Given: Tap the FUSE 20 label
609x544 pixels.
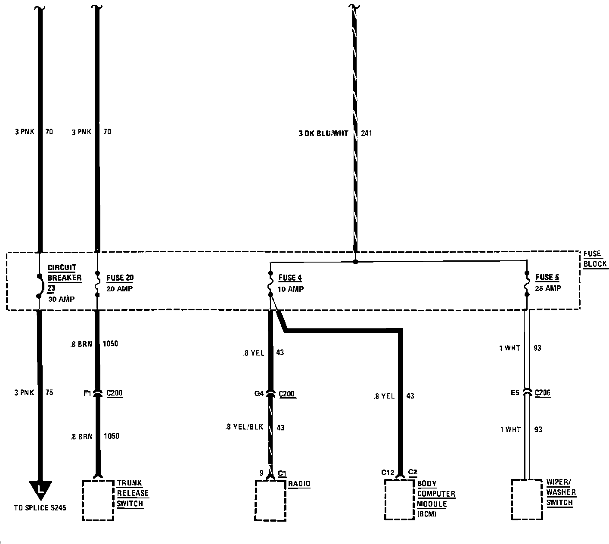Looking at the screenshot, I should (120, 278).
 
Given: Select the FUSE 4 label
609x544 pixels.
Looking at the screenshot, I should (290, 278).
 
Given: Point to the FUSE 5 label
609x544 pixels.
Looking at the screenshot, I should (547, 277).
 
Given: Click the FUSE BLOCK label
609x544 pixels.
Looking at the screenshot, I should (595, 259).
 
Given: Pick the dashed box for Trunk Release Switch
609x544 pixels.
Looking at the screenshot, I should (98, 500).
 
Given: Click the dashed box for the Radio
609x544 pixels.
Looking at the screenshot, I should (270, 500).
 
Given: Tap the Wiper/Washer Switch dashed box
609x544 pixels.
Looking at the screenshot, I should (526, 500).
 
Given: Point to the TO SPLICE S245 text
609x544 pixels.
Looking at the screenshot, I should (40, 508).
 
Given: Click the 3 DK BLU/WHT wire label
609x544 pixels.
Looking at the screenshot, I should (323, 133).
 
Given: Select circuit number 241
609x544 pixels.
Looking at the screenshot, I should (367, 133).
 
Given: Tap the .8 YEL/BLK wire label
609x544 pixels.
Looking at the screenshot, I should (244, 427).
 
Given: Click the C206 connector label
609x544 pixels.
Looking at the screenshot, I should (543, 393).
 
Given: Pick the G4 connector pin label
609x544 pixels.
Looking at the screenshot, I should (259, 393).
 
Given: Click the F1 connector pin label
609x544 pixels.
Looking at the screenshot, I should (87, 393).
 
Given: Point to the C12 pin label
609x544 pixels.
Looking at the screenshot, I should (388, 473).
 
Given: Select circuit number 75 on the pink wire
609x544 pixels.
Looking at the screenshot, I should (49, 393).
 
